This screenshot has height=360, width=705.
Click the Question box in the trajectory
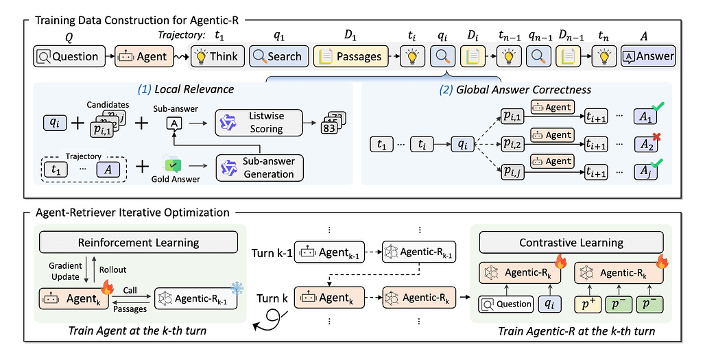point(69,56)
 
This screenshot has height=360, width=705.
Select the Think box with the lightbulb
point(215,56)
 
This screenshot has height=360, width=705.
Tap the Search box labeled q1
point(276,56)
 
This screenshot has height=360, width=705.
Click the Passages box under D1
point(350,56)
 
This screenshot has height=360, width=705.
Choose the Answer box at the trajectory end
point(647,56)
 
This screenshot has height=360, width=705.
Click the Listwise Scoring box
point(259,123)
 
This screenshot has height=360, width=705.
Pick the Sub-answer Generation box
point(259,167)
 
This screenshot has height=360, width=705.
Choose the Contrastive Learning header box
point(571,242)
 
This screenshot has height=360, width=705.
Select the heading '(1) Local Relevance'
point(186,90)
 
